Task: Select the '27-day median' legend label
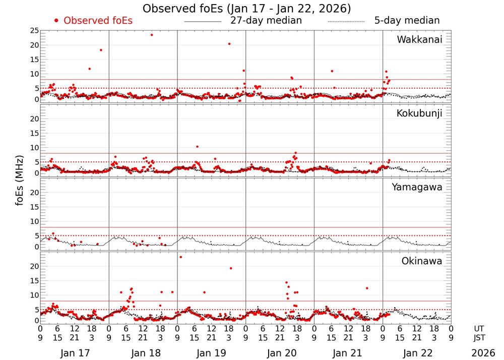point(266,21)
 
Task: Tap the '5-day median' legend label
point(407,21)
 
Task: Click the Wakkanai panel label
point(419,40)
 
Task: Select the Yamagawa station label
point(417,187)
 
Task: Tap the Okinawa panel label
point(421,261)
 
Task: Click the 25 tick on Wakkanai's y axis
point(34,31)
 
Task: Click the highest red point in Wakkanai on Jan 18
point(152,35)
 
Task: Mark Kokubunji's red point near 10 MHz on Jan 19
point(197,147)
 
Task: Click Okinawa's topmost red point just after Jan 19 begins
point(180,257)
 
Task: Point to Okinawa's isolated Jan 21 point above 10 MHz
point(367,288)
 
